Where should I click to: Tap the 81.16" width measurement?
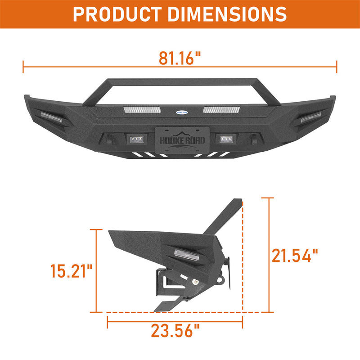180,58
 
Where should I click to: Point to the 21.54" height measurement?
295,256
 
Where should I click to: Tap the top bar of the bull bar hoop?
180,82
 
